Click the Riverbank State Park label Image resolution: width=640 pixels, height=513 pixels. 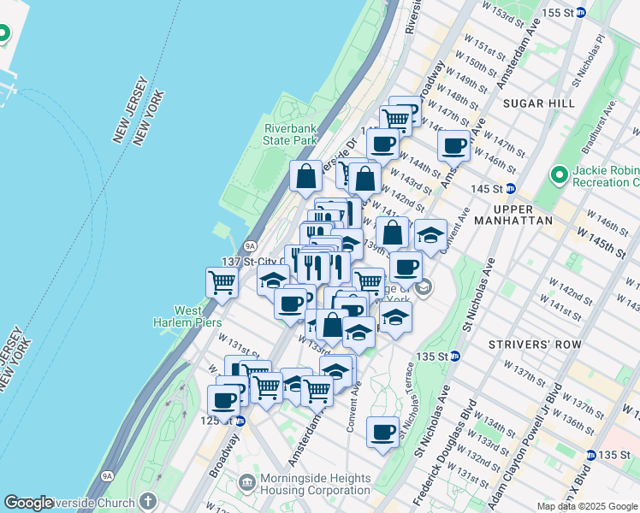pyautogui.click(x=290, y=134)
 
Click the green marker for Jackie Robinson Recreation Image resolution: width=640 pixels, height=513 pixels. pyautogui.click(x=560, y=176)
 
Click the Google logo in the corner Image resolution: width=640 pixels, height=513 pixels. pyautogui.click(x=29, y=503)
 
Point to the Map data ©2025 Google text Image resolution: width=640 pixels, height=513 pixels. pyautogui.click(x=588, y=506)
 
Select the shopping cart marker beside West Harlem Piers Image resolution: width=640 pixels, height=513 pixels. pyautogui.click(x=222, y=282)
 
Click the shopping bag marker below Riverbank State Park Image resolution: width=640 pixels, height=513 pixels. pyautogui.click(x=305, y=177)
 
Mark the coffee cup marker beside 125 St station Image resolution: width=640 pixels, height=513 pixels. pyautogui.click(x=224, y=400)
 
